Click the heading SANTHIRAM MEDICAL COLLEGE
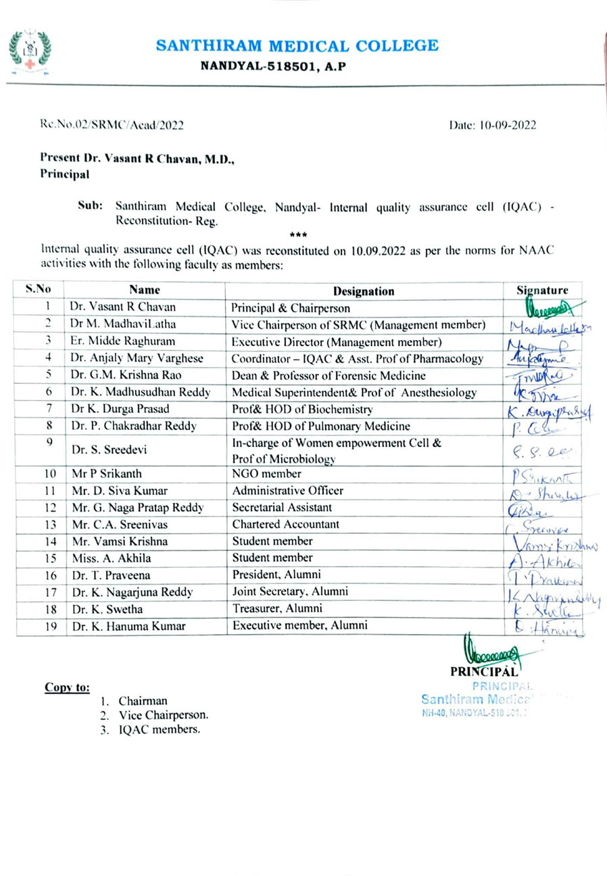tap(297, 46)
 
